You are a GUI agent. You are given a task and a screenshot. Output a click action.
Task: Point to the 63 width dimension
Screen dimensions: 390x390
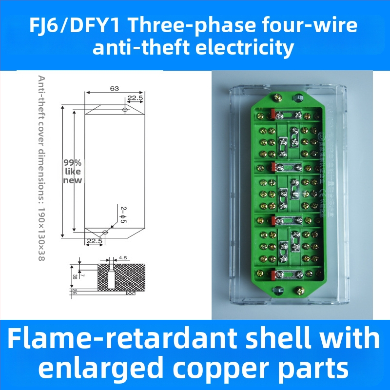coord(115,89)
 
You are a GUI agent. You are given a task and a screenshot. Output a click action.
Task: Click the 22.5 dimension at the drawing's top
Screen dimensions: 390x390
coord(135,98)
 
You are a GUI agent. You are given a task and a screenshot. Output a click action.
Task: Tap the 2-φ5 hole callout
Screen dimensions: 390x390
coord(123,214)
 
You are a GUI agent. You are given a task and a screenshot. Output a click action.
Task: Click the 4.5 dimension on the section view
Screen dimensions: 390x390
coord(123,257)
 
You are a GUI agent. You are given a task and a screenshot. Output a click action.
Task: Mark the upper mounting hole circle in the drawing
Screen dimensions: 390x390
coord(125,110)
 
